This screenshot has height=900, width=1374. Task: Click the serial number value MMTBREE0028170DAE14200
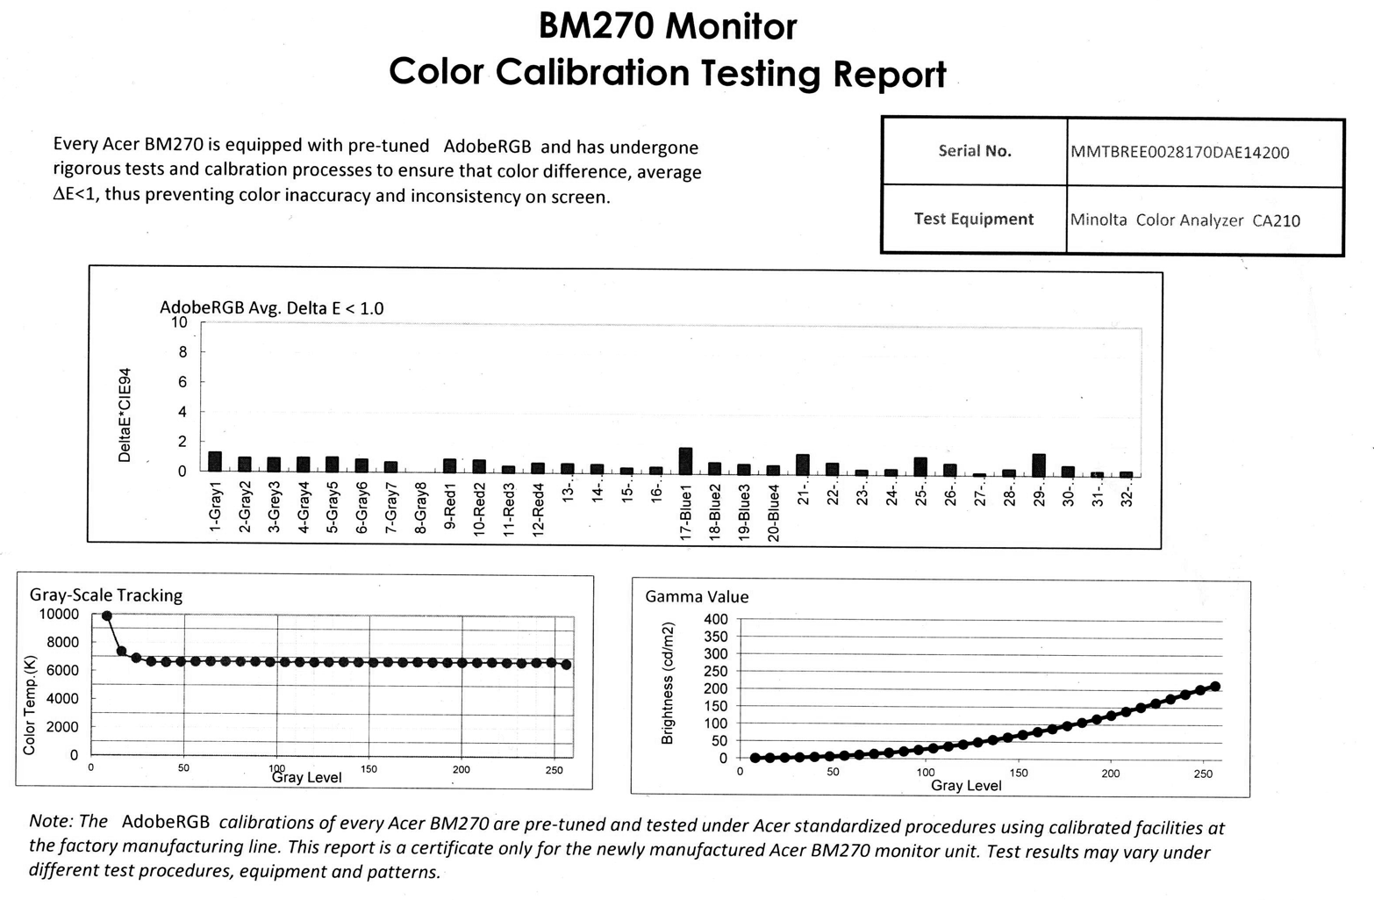point(1179,152)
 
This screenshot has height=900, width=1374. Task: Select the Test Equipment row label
point(973,219)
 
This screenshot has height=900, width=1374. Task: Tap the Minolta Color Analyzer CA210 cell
point(1184,220)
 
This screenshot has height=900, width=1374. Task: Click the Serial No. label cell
point(974,151)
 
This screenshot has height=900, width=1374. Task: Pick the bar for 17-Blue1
point(685,461)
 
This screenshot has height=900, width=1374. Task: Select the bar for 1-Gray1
point(215,462)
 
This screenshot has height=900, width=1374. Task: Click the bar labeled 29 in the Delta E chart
point(1039,464)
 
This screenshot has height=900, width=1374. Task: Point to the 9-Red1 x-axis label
point(450,505)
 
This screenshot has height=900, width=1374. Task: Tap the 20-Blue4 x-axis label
point(774,513)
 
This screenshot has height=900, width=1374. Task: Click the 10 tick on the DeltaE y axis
point(179,322)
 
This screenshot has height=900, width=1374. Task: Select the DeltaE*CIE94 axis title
point(125,414)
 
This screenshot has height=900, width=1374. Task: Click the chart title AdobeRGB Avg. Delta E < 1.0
point(271,308)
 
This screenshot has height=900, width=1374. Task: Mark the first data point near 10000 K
point(107,616)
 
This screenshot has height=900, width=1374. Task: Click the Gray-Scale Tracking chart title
point(106,595)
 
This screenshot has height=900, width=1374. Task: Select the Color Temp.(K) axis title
point(30,704)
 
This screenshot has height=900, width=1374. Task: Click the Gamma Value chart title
point(697,597)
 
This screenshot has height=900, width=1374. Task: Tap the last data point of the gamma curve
point(1215,687)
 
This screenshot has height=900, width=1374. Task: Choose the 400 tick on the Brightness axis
point(716,619)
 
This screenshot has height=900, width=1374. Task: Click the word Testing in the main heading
point(761,73)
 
